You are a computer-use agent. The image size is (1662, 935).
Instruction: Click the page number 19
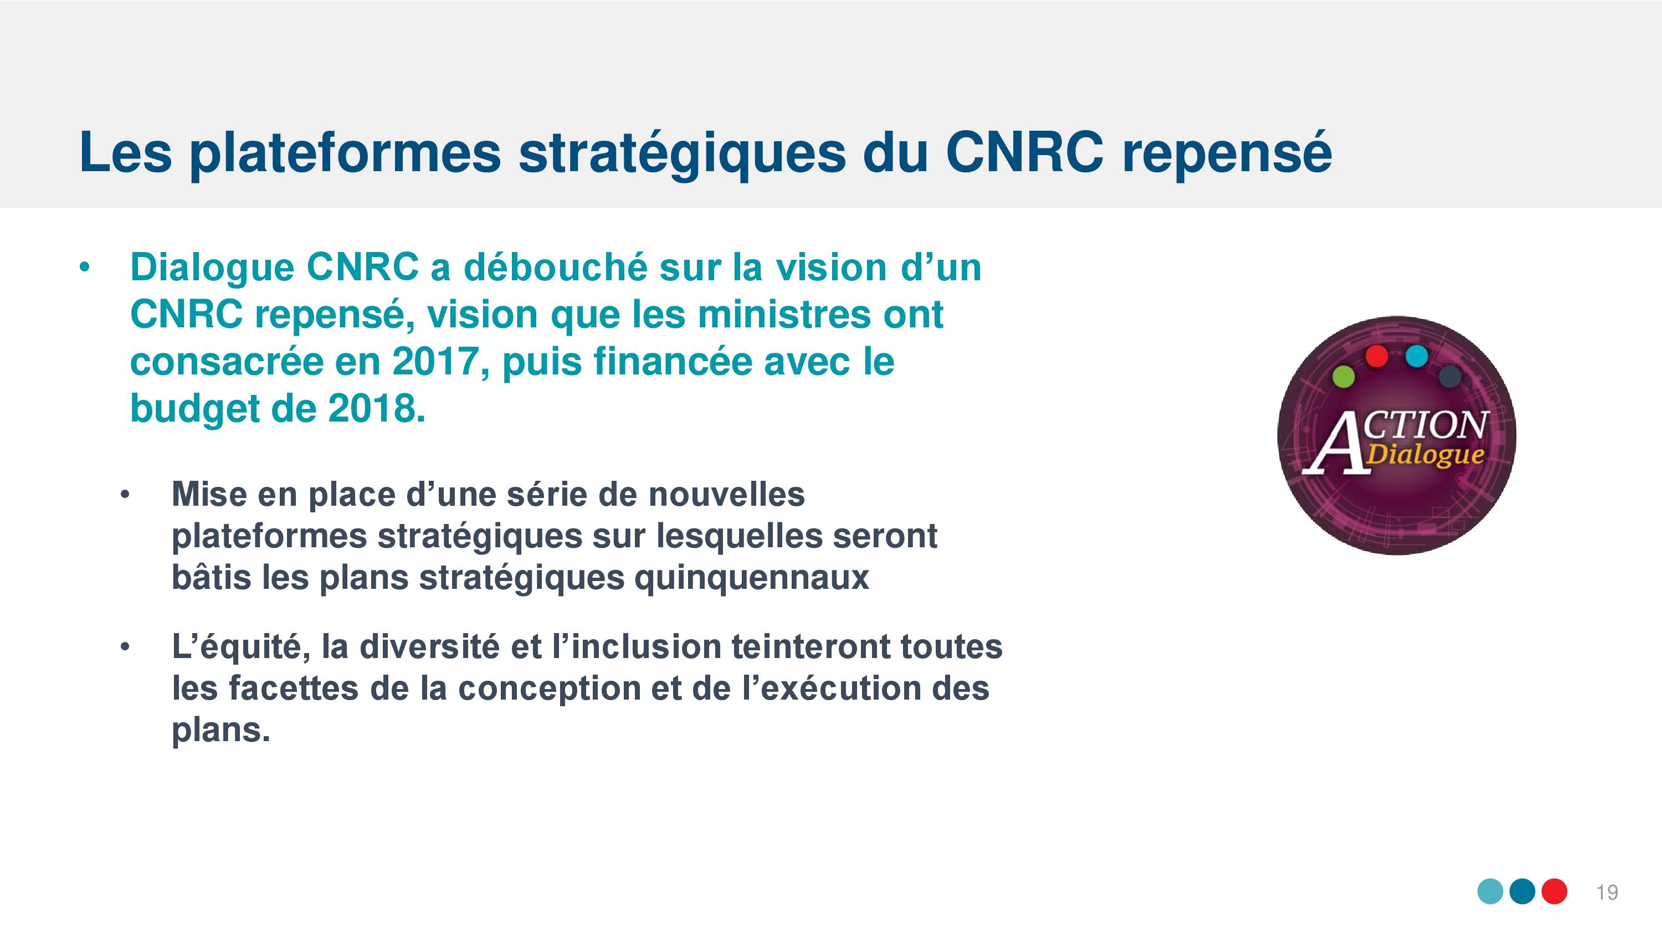pos(1607,892)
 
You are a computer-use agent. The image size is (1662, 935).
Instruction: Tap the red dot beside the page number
pos(1555,891)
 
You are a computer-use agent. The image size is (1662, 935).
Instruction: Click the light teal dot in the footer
pos(1490,891)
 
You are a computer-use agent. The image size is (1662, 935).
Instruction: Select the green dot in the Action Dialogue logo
pos(1344,376)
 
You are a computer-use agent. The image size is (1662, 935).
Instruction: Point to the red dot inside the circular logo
pos(1377,356)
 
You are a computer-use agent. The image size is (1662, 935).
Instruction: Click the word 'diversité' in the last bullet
pos(429,647)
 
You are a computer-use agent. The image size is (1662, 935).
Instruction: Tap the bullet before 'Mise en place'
pos(125,496)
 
